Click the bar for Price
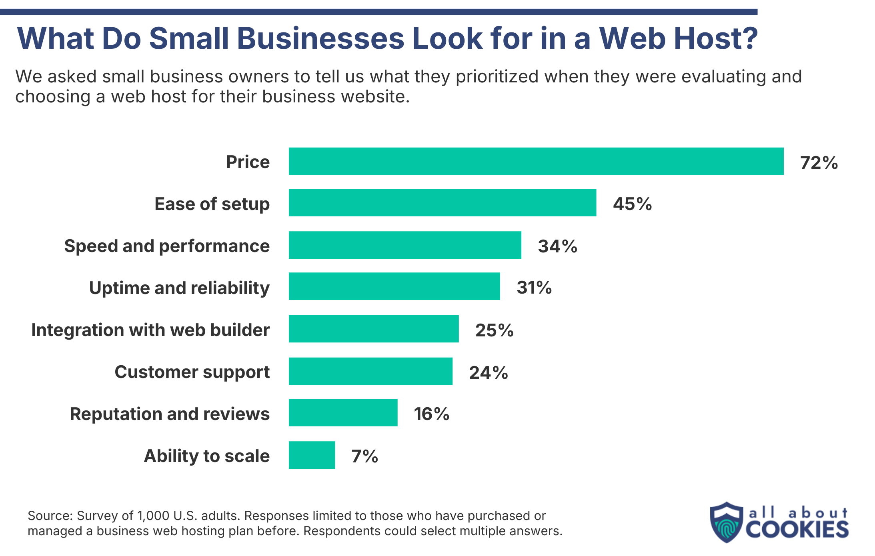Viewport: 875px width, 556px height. click(536, 161)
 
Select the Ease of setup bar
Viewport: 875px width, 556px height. click(442, 203)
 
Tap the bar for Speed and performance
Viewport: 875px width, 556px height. click(405, 245)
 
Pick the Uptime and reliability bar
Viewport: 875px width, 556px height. click(394, 286)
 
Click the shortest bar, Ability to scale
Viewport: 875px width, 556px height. click(312, 455)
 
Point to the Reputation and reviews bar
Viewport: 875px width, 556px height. click(343, 413)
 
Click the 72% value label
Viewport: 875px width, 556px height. click(819, 163)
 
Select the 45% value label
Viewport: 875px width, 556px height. click(632, 204)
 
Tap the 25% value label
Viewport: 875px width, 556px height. click(494, 330)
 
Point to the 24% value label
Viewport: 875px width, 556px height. click(488, 373)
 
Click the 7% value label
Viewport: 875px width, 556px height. click(364, 456)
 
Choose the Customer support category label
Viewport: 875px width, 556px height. click(192, 372)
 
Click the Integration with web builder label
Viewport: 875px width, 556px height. click(150, 330)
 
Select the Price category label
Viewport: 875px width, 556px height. click(248, 162)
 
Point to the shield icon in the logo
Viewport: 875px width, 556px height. click(726, 522)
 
